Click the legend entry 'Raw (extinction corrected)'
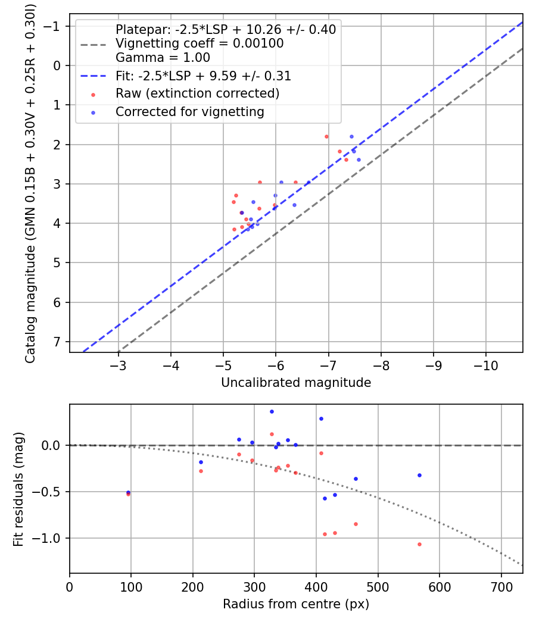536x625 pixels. click(197, 93)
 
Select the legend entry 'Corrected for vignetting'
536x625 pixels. click(189, 111)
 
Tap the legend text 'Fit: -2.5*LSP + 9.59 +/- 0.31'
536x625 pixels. click(203, 76)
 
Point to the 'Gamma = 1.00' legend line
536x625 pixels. click(163, 58)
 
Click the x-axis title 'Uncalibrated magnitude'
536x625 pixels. click(296, 383)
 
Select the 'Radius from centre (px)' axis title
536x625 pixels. click(296, 604)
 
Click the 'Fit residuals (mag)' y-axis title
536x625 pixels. click(18, 488)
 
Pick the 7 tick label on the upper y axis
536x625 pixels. click(57, 342)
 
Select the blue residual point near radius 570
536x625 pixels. click(419, 475)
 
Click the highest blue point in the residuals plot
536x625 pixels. click(272, 411)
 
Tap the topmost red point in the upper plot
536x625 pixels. click(326, 136)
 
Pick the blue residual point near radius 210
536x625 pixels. click(201, 462)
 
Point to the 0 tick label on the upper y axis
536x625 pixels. click(57, 65)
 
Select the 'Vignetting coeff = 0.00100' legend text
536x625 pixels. click(200, 43)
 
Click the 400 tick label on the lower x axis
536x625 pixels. click(316, 587)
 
